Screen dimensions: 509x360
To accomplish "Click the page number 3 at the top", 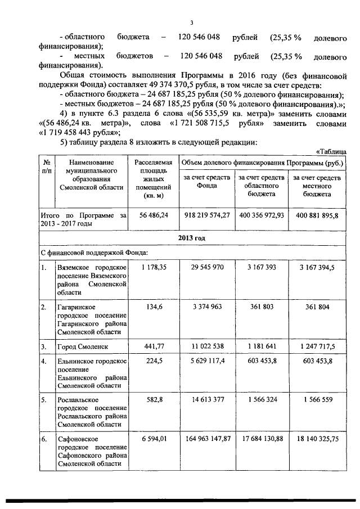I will tap(191, 23).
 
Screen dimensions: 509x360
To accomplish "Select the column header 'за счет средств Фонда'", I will tap(206, 182).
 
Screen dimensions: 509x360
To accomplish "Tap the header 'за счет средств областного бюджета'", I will tap(261, 186).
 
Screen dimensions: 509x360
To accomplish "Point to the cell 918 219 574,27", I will tap(206, 215).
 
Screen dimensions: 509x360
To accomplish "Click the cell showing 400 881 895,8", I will tap(315, 215).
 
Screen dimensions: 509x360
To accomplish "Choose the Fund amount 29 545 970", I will tap(206, 269).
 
